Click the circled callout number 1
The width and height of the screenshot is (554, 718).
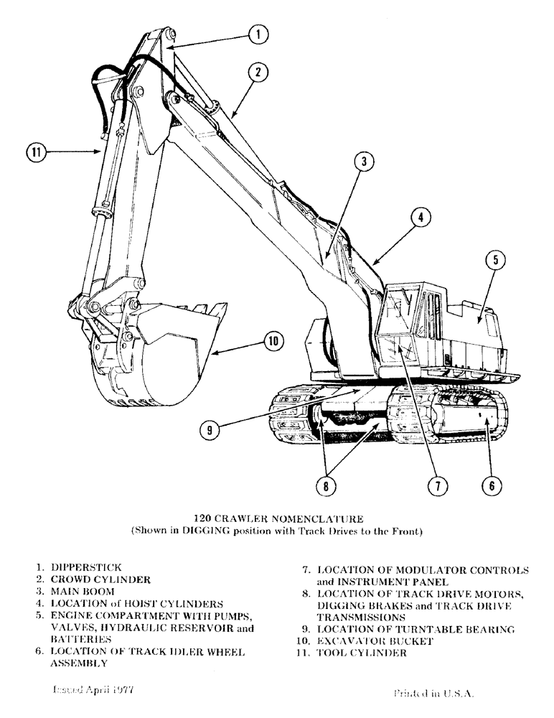pyautogui.click(x=259, y=33)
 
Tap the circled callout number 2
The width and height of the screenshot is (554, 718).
pyautogui.click(x=259, y=71)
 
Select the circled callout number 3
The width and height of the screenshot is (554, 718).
pyautogui.click(x=364, y=162)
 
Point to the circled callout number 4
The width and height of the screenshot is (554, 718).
pyautogui.click(x=421, y=215)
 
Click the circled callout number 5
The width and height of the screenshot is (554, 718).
pyautogui.click(x=496, y=260)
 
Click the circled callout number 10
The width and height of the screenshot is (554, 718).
pyautogui.click(x=273, y=342)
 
